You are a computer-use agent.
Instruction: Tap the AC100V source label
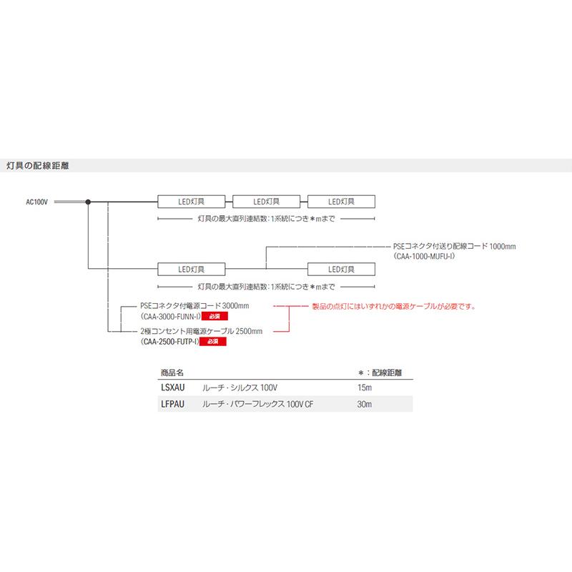[37, 202]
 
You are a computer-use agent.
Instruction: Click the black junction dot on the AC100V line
[88, 202]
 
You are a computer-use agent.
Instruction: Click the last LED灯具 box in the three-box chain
[341, 202]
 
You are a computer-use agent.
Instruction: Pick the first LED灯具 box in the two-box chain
[191, 269]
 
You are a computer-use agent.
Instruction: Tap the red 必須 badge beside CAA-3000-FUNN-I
[213, 315]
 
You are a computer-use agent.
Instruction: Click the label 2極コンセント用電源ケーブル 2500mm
[202, 332]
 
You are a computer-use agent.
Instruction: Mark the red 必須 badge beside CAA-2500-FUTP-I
[212, 342]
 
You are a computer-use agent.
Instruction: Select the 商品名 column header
[172, 373]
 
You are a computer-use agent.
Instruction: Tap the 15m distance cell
[365, 388]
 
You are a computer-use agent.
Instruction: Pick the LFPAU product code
[171, 405]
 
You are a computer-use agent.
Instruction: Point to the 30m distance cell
[365, 405]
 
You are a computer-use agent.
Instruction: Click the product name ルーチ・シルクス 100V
[240, 388]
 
